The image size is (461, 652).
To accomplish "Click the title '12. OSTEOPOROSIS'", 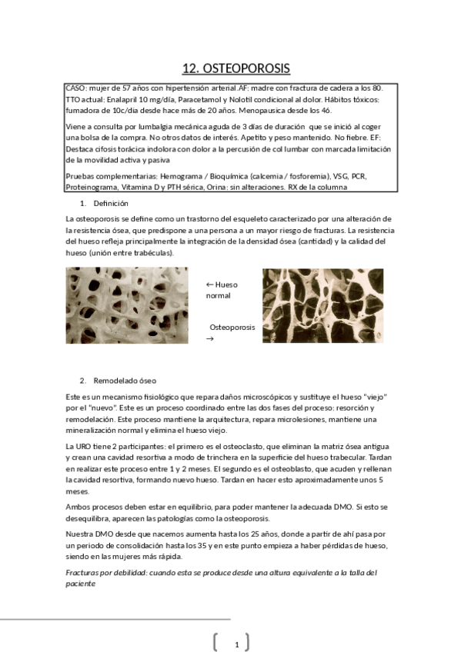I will coord(236,68).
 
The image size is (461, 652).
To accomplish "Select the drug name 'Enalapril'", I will coord(127,100).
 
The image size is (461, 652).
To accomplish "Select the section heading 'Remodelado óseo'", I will coord(124,381).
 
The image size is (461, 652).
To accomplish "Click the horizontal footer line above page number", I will coord(115,617).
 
